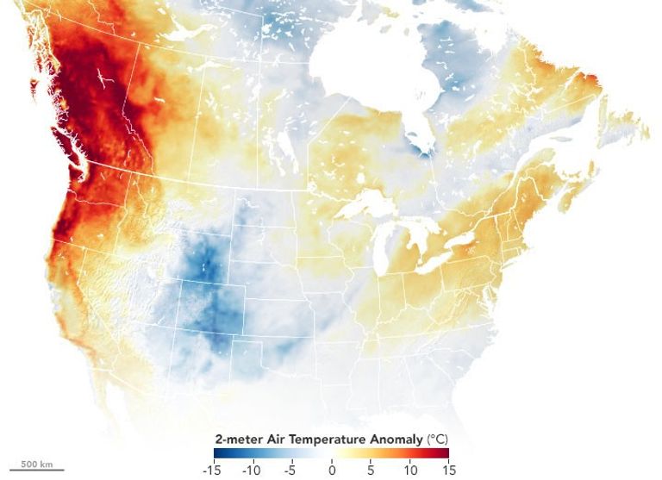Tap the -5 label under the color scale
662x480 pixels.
coord(291,470)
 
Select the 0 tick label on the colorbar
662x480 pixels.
coord(332,470)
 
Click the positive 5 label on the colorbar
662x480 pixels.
coord(371,470)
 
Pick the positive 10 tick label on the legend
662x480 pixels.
coord(409,470)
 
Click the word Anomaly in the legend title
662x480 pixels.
coord(390,439)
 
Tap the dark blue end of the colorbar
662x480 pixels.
coord(219,453)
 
